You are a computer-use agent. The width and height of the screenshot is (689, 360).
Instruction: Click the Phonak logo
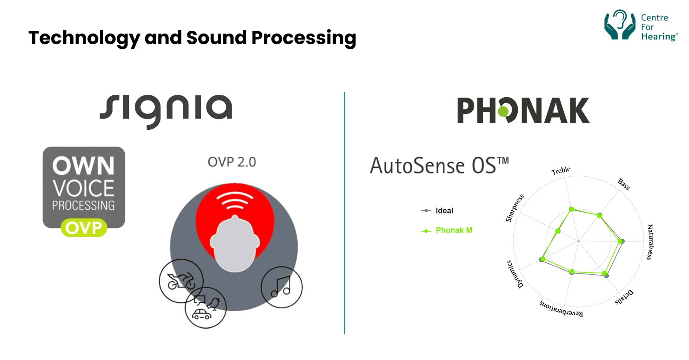click(523, 110)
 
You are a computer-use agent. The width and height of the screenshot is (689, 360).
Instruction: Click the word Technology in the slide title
click(84, 37)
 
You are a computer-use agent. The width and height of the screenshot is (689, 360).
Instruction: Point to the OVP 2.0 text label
click(232, 162)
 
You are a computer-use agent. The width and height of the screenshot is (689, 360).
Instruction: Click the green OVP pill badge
click(84, 227)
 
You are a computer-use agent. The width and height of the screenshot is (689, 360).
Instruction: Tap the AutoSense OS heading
click(439, 166)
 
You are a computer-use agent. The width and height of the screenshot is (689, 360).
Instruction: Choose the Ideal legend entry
click(444, 211)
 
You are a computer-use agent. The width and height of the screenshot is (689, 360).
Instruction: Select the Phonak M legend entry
click(454, 230)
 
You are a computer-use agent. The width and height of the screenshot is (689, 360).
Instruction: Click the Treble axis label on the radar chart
click(561, 171)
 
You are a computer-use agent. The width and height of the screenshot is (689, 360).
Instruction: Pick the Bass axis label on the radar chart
click(623, 184)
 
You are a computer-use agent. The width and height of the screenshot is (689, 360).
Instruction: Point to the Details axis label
click(624, 298)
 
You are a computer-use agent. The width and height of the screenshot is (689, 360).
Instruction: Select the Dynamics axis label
click(515, 273)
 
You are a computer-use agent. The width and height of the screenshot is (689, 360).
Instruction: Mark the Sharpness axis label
click(515, 208)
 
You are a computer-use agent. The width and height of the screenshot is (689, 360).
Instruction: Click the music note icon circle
click(281, 287)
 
